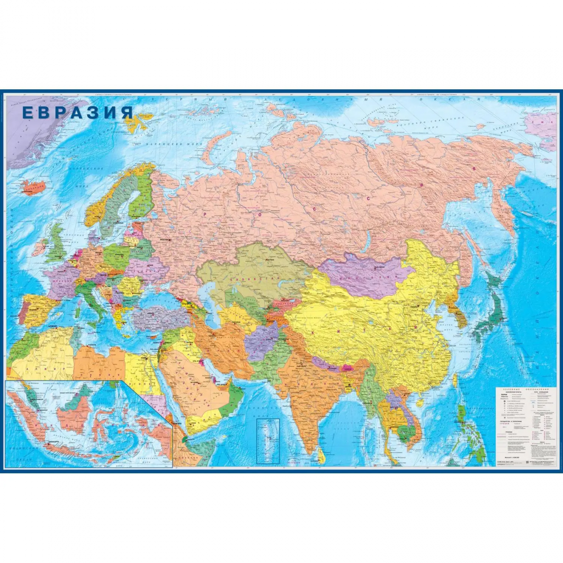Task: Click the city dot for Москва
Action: tap(170, 239)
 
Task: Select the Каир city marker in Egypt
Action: tap(146, 358)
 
